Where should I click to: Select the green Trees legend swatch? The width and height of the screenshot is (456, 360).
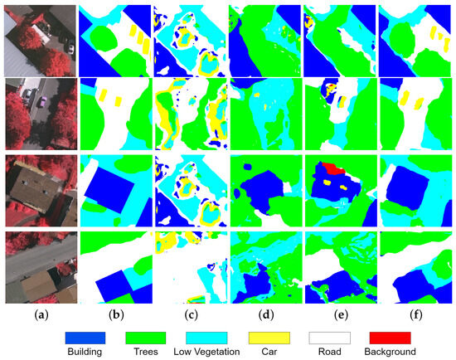144,338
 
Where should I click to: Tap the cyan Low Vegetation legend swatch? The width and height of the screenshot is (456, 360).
206,338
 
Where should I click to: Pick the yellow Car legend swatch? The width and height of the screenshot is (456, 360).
269,338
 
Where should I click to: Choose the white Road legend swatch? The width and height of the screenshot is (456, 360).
331,338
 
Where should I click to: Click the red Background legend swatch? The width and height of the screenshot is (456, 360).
391,338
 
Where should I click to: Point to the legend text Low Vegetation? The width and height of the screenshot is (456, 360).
206,352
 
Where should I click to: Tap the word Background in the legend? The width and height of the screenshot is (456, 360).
391,352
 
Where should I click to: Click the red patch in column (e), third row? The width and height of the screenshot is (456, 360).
333,168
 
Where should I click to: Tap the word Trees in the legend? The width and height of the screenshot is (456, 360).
144,352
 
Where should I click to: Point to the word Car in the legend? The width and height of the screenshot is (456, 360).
269,352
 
